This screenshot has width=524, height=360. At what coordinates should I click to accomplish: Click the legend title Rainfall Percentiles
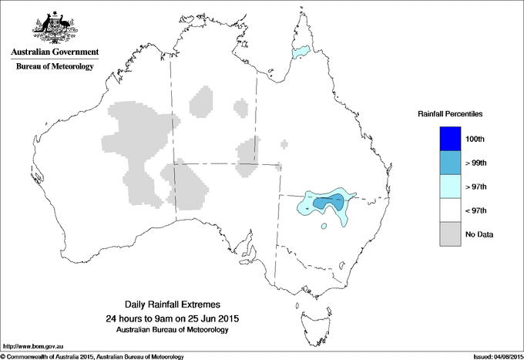(x=450, y=114)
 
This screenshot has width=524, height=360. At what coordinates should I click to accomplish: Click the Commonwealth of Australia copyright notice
(x=92, y=356)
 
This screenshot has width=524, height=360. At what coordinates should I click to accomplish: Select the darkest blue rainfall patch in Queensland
(x=329, y=203)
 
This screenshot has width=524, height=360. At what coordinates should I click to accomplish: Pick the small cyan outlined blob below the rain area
(x=324, y=226)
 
